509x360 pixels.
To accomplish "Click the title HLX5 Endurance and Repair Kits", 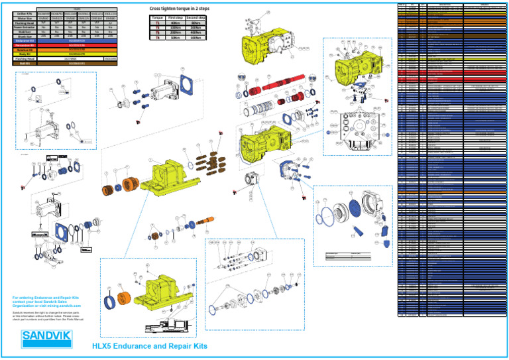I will click(x=149, y=347).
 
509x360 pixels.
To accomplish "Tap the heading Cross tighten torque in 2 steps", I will click(x=178, y=8).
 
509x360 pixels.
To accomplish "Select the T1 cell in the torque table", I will click(x=157, y=23).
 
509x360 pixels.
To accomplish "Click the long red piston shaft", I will click(x=284, y=86).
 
